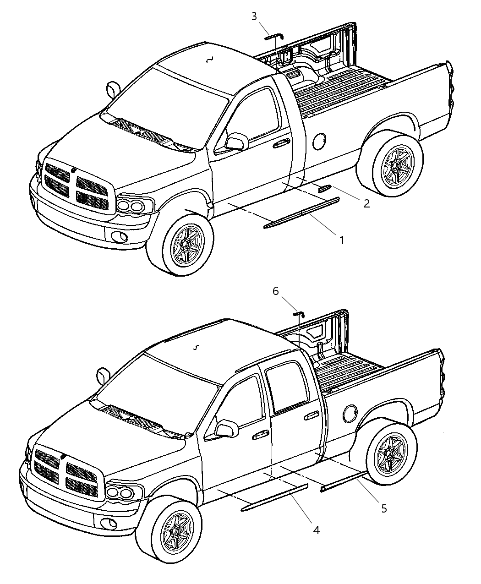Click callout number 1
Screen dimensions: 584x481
click(x=341, y=240)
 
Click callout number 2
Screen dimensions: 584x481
click(x=366, y=204)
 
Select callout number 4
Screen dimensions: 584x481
click(x=316, y=530)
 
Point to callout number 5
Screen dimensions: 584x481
click(x=384, y=508)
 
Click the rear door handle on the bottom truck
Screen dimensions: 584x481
click(x=312, y=415)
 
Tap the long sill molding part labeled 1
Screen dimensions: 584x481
click(x=302, y=213)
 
